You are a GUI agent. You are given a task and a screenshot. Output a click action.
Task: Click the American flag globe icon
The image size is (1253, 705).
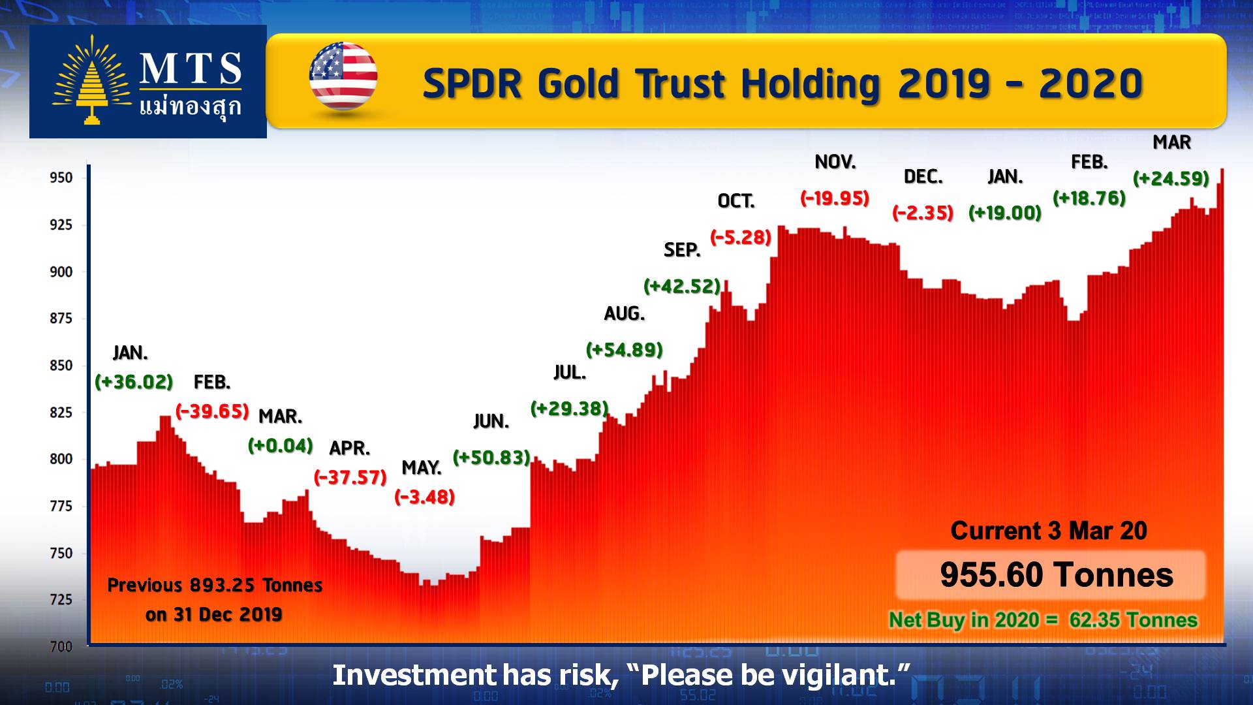click(x=343, y=76)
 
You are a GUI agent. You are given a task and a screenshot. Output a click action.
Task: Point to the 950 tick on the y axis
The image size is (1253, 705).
click(x=61, y=178)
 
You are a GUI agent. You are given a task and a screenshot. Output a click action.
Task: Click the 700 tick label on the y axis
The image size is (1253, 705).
click(x=61, y=647)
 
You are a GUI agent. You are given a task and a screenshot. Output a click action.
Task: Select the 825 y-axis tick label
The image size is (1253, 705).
click(x=61, y=413)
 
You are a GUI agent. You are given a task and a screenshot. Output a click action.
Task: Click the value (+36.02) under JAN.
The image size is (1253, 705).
click(x=134, y=382)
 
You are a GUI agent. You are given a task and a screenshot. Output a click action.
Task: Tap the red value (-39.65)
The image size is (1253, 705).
click(x=213, y=411)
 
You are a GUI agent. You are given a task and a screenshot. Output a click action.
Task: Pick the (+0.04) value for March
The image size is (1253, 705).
click(x=281, y=446)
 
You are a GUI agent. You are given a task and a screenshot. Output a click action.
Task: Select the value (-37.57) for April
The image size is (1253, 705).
click(x=350, y=477)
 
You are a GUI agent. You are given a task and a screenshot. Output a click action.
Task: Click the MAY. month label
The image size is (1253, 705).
click(x=422, y=468)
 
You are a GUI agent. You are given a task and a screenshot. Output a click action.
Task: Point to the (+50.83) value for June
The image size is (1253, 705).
click(x=491, y=458)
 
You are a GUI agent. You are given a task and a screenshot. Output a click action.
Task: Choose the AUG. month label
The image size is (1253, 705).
click(x=625, y=314)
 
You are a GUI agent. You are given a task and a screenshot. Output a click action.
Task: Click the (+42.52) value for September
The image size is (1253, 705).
click(x=682, y=286)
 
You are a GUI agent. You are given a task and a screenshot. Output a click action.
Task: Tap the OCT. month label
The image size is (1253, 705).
click(x=736, y=201)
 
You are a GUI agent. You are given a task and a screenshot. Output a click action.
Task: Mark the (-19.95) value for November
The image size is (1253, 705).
click(x=835, y=198)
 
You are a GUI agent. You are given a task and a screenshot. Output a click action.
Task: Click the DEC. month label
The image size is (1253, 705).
click(x=923, y=177)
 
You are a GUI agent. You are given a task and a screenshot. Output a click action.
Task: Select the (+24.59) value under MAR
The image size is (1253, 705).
click(x=1171, y=178)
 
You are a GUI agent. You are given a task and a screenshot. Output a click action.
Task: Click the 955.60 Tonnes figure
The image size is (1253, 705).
click(x=1057, y=575)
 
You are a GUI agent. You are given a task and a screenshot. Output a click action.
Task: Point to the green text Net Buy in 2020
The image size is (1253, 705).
click(x=964, y=619)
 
